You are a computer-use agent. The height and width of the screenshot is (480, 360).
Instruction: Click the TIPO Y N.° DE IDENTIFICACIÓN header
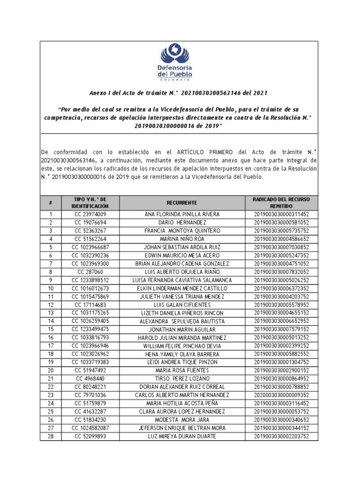[x=90, y=202]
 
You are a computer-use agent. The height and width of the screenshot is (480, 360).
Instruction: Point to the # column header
[x=51, y=202]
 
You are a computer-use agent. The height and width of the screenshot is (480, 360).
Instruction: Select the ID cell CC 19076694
[x=90, y=223]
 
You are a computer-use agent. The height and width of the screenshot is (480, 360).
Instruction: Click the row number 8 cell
[x=51, y=272]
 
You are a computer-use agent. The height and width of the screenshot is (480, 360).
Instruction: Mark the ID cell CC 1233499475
[x=90, y=330]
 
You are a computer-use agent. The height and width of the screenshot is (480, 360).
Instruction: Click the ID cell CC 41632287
[x=90, y=412]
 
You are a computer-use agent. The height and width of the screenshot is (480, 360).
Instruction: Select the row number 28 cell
[x=51, y=436]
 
